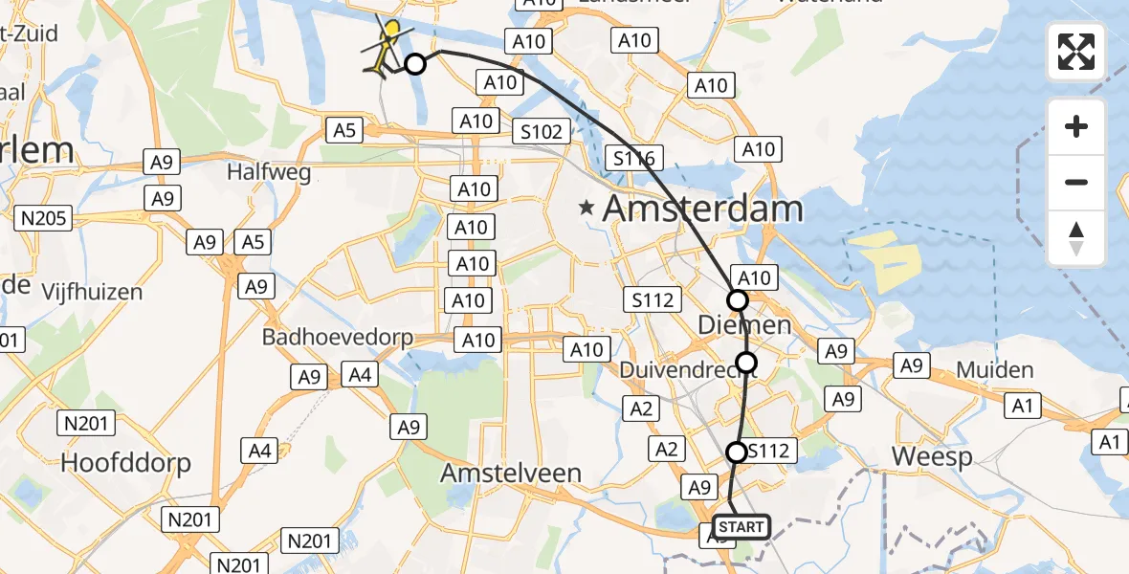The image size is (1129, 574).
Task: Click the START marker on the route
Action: click(742, 527)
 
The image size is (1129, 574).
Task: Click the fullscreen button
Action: click(1076, 52)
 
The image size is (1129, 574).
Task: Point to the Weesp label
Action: click(932, 456)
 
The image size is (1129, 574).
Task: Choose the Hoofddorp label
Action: click(126, 463)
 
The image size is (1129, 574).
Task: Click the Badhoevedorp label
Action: click(338, 338)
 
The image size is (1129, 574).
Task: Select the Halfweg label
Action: click(255, 172)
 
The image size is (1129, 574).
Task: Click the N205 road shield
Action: click(42, 219)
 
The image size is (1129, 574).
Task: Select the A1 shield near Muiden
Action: click(1023, 407)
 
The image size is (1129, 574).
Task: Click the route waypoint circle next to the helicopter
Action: click(415, 64)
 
